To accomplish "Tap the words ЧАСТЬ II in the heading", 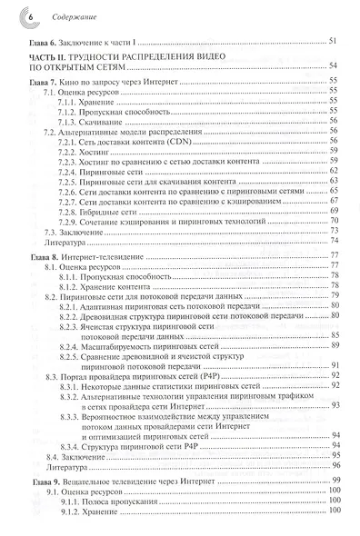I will coord(42,56).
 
